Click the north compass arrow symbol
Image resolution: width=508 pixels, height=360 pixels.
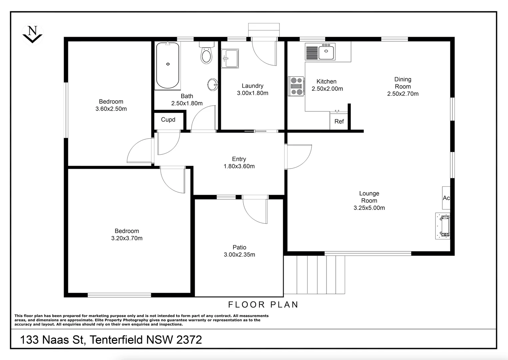coord(32,34)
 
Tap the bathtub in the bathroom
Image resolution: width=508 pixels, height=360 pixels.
coord(168,65)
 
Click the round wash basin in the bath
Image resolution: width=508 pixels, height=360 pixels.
coord(213,85)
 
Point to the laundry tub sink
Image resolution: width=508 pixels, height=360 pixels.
coord(230,58)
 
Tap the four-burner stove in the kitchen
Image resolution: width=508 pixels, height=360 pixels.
coord(296,86)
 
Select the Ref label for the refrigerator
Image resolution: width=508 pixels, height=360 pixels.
coord(339,122)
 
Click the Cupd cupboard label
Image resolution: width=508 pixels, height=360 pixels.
coord(168,120)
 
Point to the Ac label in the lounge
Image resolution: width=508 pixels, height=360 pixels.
coord(446,198)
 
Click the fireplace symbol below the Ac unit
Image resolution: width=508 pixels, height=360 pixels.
coord(443,226)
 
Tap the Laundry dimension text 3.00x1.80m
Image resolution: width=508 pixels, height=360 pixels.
coord(253,93)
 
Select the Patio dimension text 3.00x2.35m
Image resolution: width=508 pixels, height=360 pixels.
coord(239,255)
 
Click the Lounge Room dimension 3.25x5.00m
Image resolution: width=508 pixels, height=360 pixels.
coord(369,208)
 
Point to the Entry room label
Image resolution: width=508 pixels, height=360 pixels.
coord(239,159)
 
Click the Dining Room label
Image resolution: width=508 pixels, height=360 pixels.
coord(403,83)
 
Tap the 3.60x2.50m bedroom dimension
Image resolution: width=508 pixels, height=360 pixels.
coord(111,109)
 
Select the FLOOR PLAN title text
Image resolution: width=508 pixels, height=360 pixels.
coord(263,304)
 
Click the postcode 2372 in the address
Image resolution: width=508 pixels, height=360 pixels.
coord(189,340)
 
